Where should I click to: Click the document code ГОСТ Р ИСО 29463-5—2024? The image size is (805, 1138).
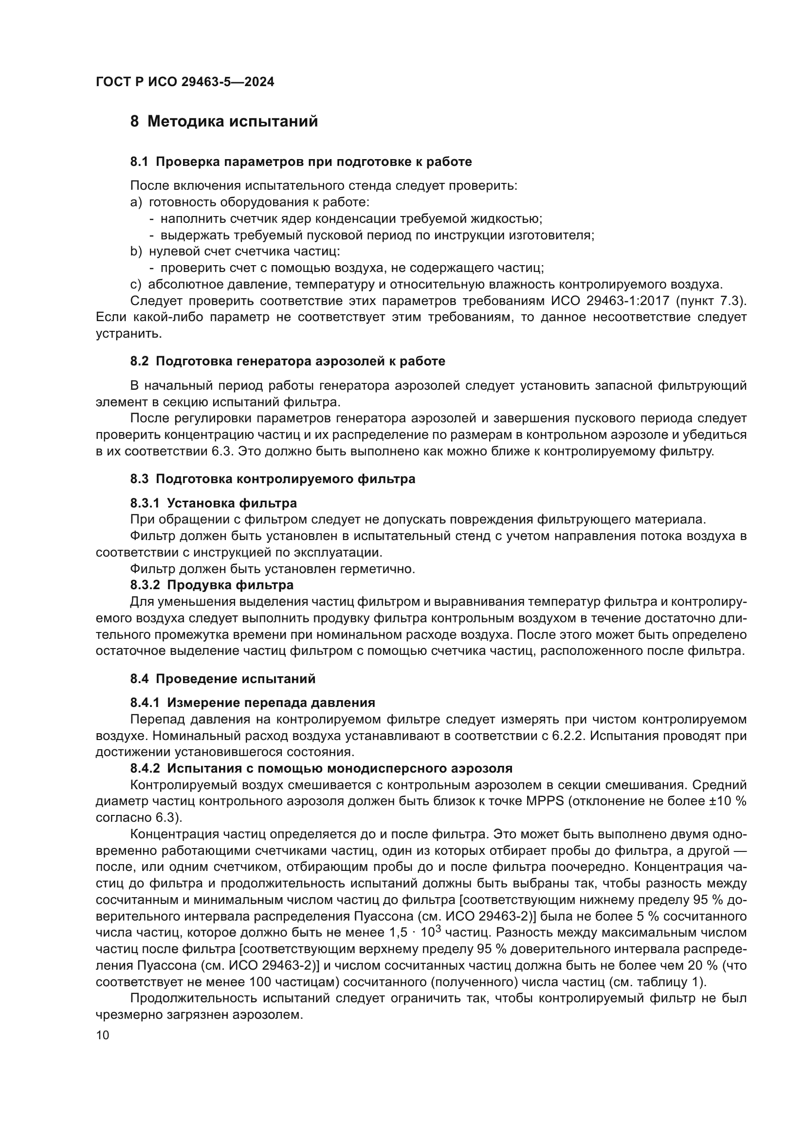[x=184, y=82]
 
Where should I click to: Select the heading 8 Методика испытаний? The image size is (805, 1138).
[x=224, y=122]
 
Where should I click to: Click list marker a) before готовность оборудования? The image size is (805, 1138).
[x=136, y=202]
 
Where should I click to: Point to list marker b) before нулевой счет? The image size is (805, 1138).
[x=136, y=252]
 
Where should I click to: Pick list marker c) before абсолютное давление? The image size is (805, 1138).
[x=135, y=285]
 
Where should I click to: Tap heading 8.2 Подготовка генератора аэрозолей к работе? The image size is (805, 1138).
[x=288, y=361]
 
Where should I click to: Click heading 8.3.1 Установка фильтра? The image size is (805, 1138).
[x=214, y=504]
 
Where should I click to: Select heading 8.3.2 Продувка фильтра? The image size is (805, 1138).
[x=212, y=585]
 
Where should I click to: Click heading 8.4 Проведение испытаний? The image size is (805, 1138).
[x=222, y=679]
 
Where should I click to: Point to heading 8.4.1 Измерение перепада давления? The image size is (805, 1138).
[x=252, y=703]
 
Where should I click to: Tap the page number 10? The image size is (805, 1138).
[x=103, y=1035]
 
